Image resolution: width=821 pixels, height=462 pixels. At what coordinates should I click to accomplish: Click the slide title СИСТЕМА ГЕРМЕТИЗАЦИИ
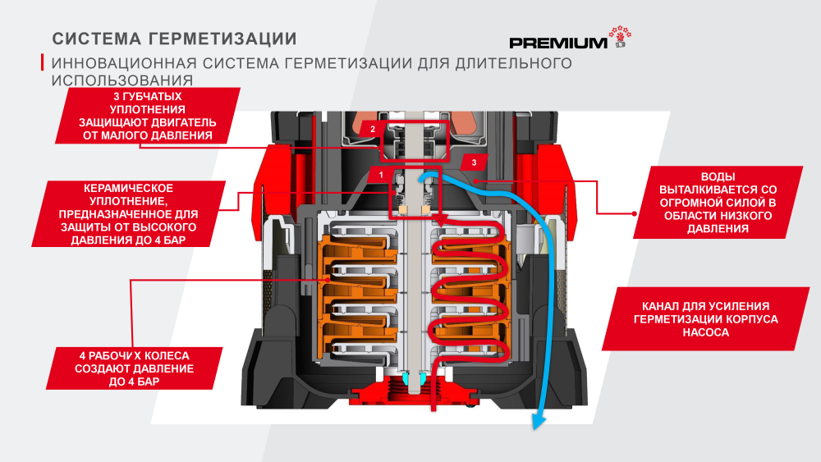(x=175, y=39)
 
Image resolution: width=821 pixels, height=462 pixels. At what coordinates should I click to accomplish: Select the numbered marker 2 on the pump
(x=372, y=130)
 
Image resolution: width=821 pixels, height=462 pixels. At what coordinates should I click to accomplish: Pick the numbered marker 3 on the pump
(x=474, y=162)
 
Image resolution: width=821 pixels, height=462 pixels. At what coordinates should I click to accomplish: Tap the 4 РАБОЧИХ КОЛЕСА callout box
(x=135, y=369)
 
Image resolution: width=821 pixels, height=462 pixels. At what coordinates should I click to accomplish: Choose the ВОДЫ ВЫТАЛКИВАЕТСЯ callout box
(x=711, y=204)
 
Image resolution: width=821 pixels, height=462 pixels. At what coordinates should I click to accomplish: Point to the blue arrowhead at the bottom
(x=539, y=422)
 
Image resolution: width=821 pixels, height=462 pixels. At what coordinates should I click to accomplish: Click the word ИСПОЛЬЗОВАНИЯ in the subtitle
(x=122, y=80)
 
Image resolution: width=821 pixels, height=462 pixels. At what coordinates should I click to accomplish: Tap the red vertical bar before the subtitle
(x=43, y=63)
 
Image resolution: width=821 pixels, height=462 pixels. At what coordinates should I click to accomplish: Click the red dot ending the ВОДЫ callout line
(x=635, y=213)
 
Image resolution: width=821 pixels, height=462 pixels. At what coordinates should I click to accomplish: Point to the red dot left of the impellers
(x=131, y=279)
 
